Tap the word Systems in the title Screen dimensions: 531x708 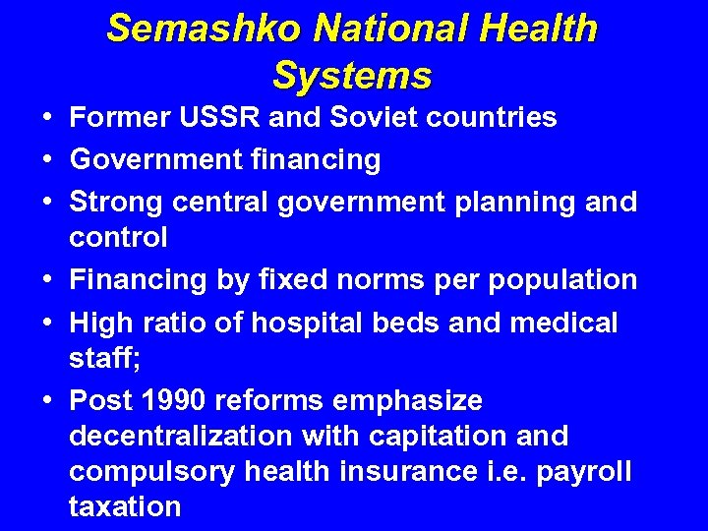click(352, 75)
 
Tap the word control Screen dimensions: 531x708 click(118, 237)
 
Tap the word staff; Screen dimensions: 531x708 click(105, 358)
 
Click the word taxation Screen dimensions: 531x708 click(125, 507)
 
